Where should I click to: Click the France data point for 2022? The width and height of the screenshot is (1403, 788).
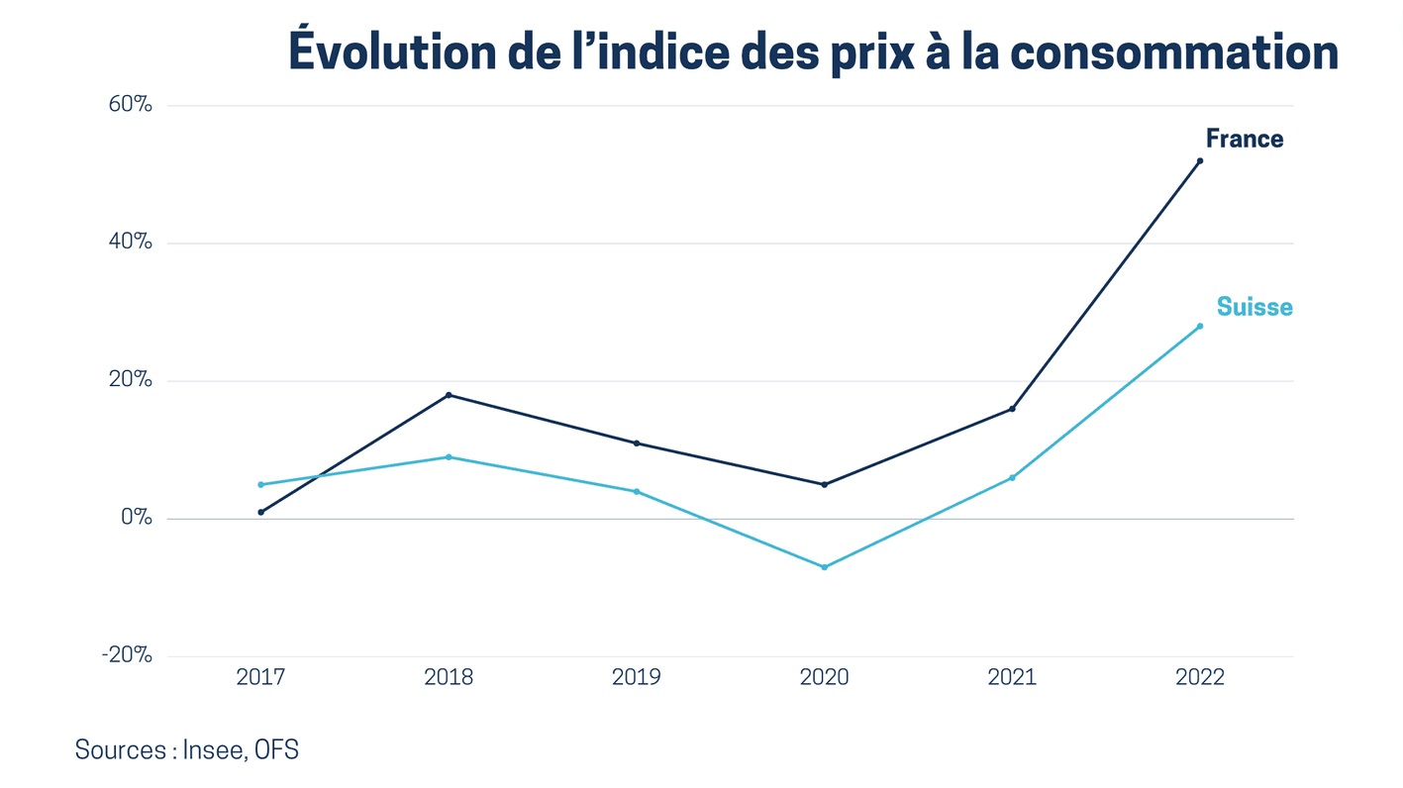tap(1200, 160)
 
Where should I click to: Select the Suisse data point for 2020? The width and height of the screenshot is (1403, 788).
tap(824, 567)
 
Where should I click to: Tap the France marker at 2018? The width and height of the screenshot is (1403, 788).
tap(449, 395)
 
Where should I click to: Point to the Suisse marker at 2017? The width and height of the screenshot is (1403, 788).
tap(260, 484)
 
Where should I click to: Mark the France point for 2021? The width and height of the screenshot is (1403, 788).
tap(1012, 409)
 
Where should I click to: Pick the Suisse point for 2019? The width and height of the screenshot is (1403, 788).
tap(636, 491)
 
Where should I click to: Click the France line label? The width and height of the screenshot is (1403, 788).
tap(1244, 139)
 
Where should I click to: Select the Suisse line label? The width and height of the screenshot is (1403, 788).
tap(1254, 307)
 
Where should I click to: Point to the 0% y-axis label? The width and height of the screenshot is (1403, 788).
tap(137, 517)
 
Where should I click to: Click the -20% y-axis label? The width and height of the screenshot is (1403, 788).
tap(127, 654)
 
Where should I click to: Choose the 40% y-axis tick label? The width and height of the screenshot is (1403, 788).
tap(130, 242)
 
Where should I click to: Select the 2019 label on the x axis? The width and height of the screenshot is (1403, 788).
tap(636, 677)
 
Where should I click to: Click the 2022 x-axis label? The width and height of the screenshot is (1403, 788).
tap(1200, 677)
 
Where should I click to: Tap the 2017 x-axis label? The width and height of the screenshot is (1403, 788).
tap(260, 677)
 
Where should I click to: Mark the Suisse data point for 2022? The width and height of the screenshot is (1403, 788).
tap(1200, 326)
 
